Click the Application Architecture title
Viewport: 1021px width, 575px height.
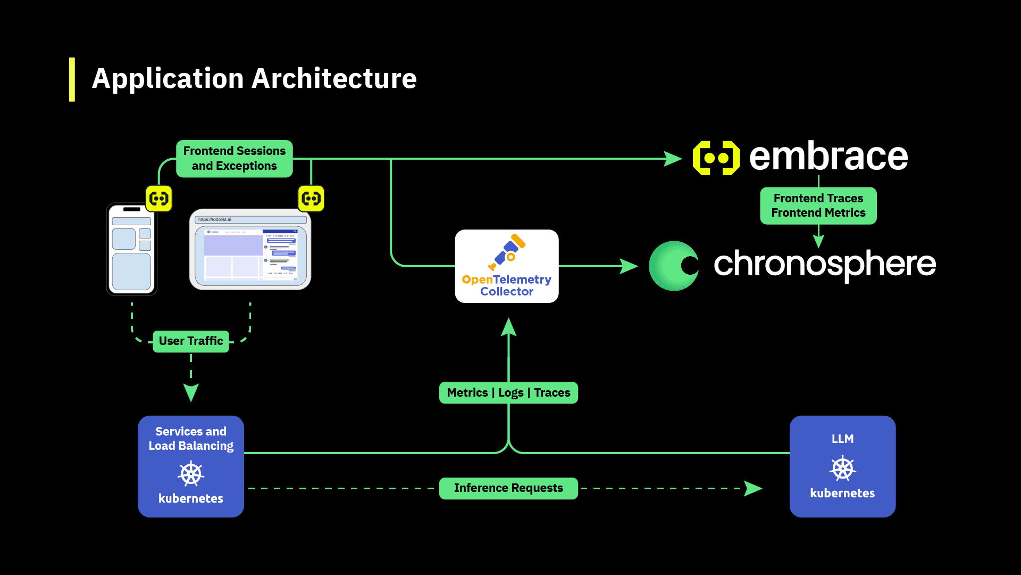(254, 79)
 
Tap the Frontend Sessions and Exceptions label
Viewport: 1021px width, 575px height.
(234, 159)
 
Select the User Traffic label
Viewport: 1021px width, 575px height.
(191, 341)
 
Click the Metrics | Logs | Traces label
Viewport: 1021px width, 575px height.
(508, 393)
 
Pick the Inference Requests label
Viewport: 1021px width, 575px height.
(508, 488)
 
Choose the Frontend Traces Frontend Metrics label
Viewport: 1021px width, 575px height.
(818, 206)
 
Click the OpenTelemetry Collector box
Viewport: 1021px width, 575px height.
(507, 266)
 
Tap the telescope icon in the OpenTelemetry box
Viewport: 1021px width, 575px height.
(507, 252)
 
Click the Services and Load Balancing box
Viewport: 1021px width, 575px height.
(191, 466)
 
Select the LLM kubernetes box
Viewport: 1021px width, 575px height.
(842, 466)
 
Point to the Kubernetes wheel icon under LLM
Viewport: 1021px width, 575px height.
(843, 469)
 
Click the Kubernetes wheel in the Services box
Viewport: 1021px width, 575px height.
(191, 474)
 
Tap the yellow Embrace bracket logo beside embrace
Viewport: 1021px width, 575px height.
(716, 158)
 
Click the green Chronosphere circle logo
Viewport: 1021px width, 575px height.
(674, 266)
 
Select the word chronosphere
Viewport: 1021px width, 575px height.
(824, 264)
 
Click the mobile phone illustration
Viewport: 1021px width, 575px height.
(132, 249)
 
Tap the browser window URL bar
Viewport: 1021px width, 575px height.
(250, 219)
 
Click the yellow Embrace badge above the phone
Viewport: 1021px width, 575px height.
(159, 199)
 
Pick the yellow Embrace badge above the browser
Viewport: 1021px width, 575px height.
(311, 199)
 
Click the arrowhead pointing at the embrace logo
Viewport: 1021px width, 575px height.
(673, 159)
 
